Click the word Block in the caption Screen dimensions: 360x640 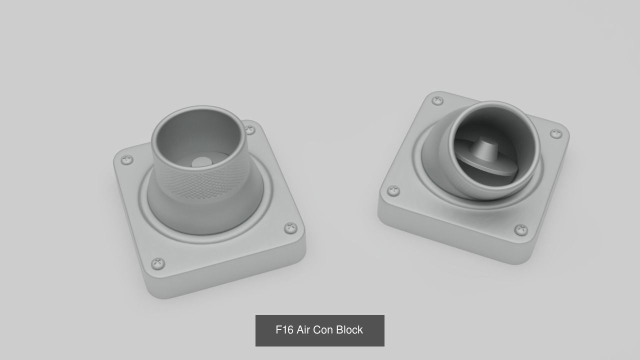[349, 330]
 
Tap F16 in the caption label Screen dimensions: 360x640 [284, 330]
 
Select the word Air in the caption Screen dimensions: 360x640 [303, 330]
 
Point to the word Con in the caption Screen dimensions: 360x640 [323, 330]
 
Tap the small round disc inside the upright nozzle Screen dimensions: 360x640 [201, 162]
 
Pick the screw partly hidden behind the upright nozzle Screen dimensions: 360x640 [250, 130]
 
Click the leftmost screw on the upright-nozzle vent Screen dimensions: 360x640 [127, 160]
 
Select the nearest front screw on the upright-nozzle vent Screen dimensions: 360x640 [158, 263]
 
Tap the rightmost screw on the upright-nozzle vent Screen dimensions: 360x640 [290, 228]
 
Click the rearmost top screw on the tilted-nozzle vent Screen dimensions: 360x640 [437, 100]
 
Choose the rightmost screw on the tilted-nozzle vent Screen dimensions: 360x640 [556, 133]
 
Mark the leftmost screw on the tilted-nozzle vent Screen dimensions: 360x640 [394, 191]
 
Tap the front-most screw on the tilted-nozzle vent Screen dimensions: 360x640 [521, 230]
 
